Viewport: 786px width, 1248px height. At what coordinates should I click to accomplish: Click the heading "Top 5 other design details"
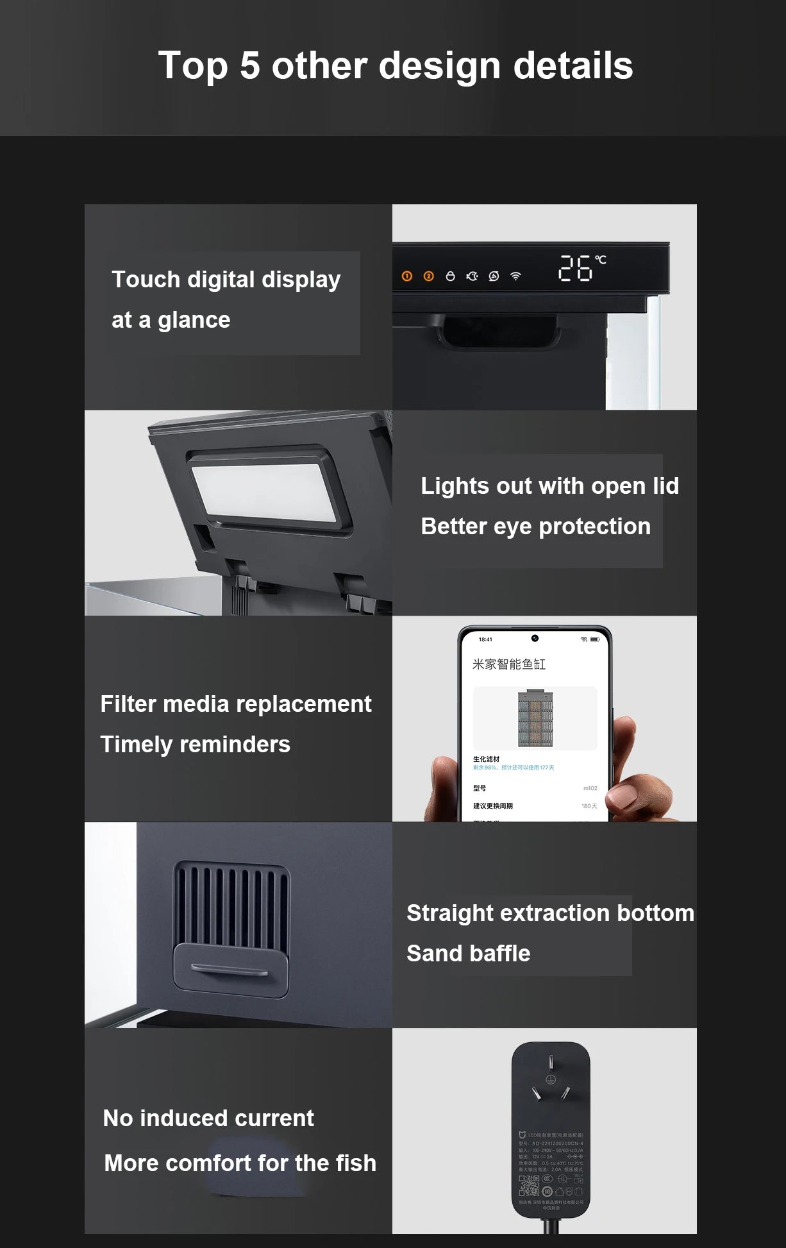click(x=395, y=65)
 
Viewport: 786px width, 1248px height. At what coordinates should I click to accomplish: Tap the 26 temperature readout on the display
click(x=575, y=268)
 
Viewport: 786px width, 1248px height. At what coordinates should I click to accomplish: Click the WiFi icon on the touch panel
click(x=515, y=276)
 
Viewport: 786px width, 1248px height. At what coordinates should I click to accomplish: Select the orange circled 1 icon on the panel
click(x=407, y=276)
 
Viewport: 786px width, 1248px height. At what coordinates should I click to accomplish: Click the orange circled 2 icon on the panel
click(x=429, y=276)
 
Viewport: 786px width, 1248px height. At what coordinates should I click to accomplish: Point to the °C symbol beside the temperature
click(x=601, y=260)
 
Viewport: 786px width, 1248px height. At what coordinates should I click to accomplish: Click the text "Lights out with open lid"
click(x=549, y=486)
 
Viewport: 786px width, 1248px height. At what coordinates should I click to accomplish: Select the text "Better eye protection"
click(x=535, y=527)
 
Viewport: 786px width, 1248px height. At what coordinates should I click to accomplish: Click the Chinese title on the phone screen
click(x=509, y=664)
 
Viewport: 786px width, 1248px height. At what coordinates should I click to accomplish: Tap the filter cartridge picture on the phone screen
click(x=535, y=718)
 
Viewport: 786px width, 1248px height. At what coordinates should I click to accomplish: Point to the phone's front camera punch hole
click(x=535, y=638)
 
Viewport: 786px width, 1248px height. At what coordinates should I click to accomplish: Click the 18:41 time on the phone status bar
click(x=485, y=639)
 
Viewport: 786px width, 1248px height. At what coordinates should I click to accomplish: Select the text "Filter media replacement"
click(x=235, y=704)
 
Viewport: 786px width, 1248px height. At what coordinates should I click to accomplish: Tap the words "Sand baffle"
click(x=468, y=954)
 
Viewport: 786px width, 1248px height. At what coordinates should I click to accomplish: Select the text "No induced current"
click(x=208, y=1118)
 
